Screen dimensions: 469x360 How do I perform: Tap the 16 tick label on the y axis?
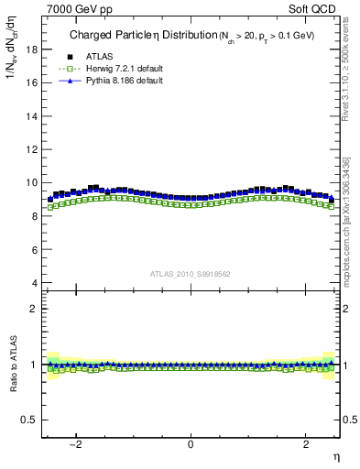31,82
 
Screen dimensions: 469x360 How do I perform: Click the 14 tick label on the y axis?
31,115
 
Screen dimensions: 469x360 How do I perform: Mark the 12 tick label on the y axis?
31,149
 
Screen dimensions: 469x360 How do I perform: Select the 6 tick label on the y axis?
34,249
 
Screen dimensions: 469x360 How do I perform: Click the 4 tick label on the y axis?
34,283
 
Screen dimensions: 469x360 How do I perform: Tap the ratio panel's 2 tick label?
34,309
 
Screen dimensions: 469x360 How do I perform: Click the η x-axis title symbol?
335,456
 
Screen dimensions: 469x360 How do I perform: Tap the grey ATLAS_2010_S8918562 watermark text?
190,273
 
